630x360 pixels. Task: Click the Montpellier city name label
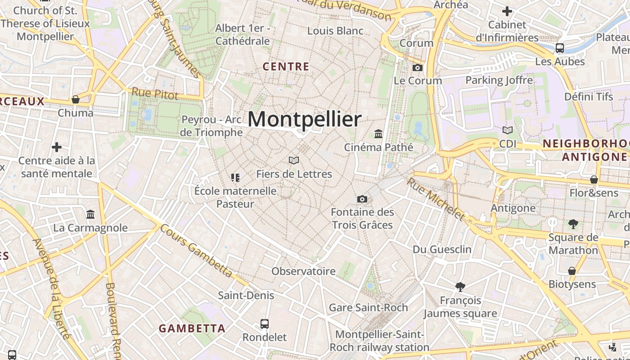(x=305, y=120)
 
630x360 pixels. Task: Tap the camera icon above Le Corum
(x=418, y=68)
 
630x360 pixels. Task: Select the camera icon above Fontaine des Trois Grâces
(x=362, y=199)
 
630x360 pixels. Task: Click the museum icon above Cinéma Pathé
(x=378, y=134)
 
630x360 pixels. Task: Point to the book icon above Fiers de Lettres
(x=294, y=160)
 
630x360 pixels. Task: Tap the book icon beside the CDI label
(x=508, y=130)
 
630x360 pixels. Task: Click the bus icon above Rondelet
(x=265, y=324)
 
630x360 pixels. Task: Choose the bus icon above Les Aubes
(x=560, y=48)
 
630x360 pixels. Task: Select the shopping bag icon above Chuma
(x=76, y=99)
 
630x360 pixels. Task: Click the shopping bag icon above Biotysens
(x=571, y=271)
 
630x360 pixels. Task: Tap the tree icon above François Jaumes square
(x=460, y=287)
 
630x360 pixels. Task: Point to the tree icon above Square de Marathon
(x=573, y=224)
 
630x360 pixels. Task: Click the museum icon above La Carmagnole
(x=90, y=214)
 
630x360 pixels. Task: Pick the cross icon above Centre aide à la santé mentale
(x=57, y=147)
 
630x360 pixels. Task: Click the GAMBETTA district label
(x=192, y=328)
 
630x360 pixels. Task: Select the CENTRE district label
(x=286, y=67)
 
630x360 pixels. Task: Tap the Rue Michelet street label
(x=435, y=199)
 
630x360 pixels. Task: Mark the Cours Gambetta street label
(x=196, y=250)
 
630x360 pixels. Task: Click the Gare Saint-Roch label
(x=368, y=307)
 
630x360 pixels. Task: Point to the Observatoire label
(x=303, y=271)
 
